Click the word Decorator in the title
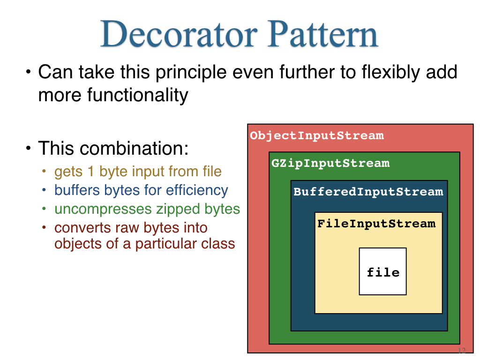[179, 34]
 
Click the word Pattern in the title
[323, 34]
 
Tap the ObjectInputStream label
[317, 135]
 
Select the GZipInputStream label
[330, 163]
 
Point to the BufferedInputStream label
[368, 192]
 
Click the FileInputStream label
[376, 224]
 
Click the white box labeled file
[382, 271]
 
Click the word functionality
[137, 96]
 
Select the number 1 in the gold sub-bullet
[90, 172]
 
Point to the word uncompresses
[103, 210]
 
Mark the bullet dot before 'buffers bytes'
[44, 190]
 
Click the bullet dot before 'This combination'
[29, 149]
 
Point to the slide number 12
[462, 350]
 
